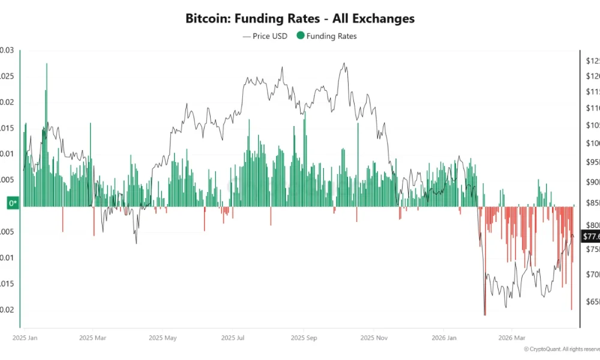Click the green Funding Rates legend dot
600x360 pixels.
(300, 36)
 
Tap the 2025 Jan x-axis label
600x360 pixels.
(25, 338)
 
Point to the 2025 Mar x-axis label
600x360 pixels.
(92, 338)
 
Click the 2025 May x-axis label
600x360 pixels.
(163, 338)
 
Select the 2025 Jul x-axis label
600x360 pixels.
(233, 338)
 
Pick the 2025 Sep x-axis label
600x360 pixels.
(304, 338)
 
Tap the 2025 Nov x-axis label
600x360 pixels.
(374, 338)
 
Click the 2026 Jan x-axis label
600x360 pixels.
(443, 338)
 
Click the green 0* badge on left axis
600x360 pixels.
(12, 203)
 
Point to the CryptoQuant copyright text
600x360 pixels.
(561, 349)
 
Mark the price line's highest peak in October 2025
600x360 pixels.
(344, 63)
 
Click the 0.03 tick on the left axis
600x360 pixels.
(6, 50)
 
